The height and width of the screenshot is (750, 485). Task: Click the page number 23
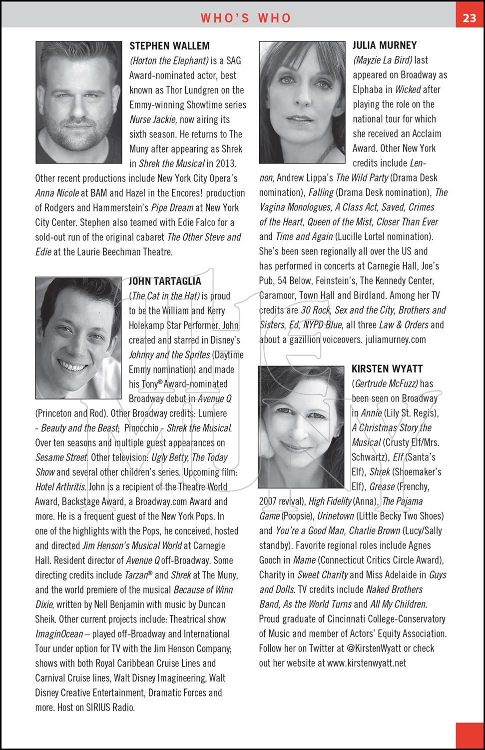[470, 18]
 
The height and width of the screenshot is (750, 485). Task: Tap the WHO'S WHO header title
[246, 18]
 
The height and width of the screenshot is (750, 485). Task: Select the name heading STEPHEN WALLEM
[169, 46]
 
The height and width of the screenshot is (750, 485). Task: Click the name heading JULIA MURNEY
[385, 45]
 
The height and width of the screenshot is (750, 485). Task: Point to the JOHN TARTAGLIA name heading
[165, 281]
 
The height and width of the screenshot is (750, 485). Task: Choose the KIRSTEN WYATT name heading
[387, 369]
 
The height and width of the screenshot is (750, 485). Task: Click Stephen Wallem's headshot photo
[79, 102]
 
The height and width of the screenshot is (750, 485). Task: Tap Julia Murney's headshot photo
[302, 102]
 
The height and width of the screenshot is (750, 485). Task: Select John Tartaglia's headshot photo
[78, 338]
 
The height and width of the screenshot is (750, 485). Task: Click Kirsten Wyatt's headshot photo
[301, 427]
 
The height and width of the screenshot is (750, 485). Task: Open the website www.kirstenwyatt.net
[367, 663]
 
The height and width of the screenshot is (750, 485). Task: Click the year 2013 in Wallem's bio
[226, 163]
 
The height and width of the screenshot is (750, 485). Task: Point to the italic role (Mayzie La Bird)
[383, 60]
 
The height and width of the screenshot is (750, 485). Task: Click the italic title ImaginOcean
[59, 634]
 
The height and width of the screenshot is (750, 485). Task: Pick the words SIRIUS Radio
[110, 707]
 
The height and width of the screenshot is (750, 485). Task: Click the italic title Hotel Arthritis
[60, 487]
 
